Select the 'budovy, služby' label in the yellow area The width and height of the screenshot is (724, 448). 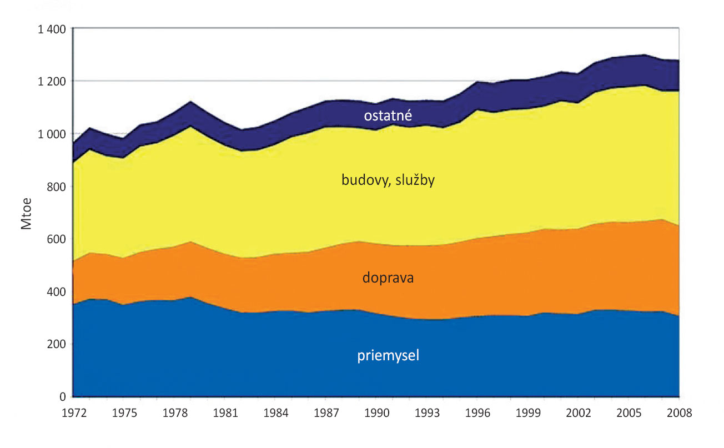pos(388,181)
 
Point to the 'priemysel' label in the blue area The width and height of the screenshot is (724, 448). pos(388,355)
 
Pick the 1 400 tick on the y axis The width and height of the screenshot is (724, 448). pos(52,29)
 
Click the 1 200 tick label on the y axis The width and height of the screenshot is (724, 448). pos(52,81)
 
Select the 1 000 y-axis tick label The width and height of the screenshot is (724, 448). pos(52,134)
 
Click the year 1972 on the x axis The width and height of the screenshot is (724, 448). pos(74,414)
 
